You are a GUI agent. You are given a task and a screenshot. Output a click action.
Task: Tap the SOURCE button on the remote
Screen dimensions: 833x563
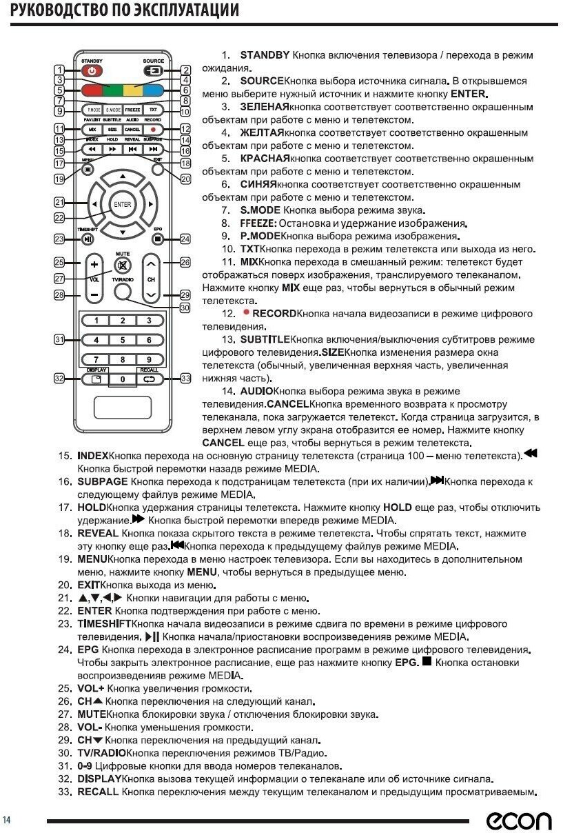tap(154, 70)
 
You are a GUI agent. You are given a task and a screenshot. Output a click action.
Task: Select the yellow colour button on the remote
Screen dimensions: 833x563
tap(133, 90)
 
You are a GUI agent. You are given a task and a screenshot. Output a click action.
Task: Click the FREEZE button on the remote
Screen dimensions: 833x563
tap(133, 110)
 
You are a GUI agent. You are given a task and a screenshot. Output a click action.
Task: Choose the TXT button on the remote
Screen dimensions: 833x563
tap(154, 110)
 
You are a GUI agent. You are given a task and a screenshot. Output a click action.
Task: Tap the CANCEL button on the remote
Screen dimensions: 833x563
tap(133, 129)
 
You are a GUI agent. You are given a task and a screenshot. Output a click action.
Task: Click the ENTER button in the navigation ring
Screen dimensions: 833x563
tap(123, 205)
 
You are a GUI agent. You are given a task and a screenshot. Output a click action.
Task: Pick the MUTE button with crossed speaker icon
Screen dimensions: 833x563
tap(123, 266)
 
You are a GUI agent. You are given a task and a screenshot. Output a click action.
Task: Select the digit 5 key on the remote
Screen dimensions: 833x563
tap(123, 340)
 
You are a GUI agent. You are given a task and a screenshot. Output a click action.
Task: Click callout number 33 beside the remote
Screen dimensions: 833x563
tap(185, 378)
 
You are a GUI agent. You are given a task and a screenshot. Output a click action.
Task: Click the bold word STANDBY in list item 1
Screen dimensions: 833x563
tap(265, 54)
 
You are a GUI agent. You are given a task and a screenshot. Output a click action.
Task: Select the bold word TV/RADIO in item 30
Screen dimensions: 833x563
tap(101, 753)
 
